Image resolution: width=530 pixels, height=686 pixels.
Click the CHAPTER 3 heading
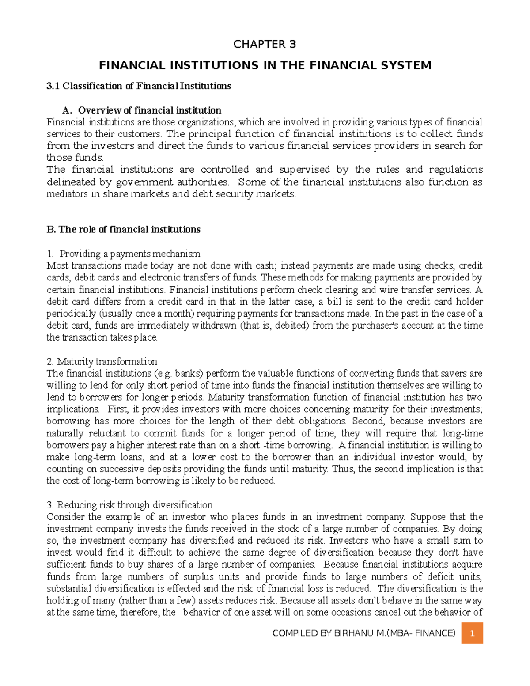pyautogui.click(x=265, y=44)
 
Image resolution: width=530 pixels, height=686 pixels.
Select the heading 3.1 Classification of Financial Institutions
pyautogui.click(x=139, y=86)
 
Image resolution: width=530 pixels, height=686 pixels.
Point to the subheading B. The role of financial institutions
pyautogui.click(x=123, y=230)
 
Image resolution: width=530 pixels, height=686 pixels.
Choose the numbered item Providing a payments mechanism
pyautogui.click(x=129, y=254)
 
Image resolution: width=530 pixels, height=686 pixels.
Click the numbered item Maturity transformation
pyautogui.click(x=107, y=362)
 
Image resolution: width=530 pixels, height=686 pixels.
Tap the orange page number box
pyautogui.click(x=472, y=633)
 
